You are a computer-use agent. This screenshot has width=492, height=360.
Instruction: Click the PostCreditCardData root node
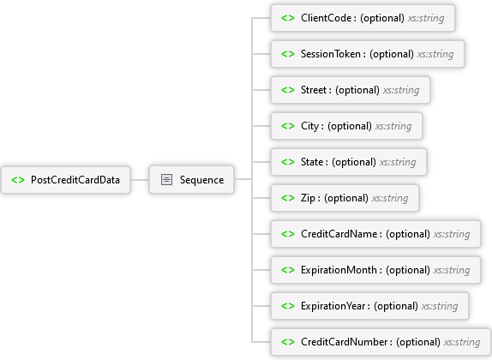pyautogui.click(x=66, y=180)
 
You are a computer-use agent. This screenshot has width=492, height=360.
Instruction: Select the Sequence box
pyautogui.click(x=191, y=180)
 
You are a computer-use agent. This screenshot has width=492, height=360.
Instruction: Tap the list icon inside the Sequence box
pyautogui.click(x=166, y=180)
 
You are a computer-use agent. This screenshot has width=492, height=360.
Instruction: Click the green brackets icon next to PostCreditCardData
pyautogui.click(x=18, y=180)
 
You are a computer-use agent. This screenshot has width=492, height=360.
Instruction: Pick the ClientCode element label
pyautogui.click(x=326, y=18)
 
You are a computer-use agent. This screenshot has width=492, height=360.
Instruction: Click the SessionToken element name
pyautogui.click(x=331, y=54)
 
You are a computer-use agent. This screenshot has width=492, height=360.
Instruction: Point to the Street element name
pyautogui.click(x=314, y=90)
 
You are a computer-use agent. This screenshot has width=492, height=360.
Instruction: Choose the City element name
pyautogui.click(x=309, y=126)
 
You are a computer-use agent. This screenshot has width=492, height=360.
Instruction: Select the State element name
pyautogui.click(x=312, y=162)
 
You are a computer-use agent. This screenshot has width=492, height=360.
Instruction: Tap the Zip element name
pyautogui.click(x=308, y=198)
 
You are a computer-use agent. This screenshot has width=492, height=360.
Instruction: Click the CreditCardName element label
pyautogui.click(x=339, y=234)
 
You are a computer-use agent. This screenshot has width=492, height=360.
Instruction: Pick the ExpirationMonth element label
pyautogui.click(x=339, y=270)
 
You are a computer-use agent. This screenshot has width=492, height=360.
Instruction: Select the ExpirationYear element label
pyautogui.click(x=333, y=306)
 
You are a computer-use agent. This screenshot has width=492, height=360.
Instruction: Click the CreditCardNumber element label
pyautogui.click(x=344, y=342)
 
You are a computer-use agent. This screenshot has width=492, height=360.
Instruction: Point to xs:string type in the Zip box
pyautogui.click(x=390, y=198)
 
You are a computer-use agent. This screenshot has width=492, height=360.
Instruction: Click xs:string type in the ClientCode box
pyautogui.click(x=426, y=18)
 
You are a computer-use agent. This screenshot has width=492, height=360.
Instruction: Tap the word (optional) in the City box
pyautogui.click(x=350, y=126)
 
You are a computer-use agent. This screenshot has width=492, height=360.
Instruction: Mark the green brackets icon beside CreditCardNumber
pyautogui.click(x=288, y=342)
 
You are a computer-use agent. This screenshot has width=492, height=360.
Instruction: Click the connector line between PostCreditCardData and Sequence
pyautogui.click(x=140, y=180)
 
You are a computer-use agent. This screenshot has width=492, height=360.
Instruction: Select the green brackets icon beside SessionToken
pyautogui.click(x=288, y=54)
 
